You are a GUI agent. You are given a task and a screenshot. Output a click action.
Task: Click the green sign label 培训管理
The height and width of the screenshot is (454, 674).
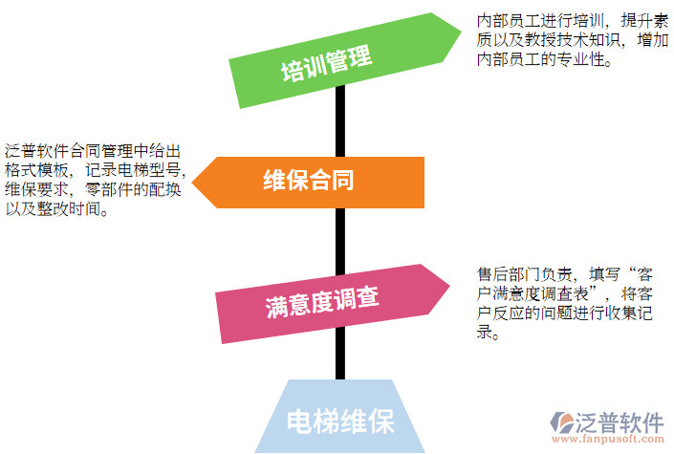[327, 63]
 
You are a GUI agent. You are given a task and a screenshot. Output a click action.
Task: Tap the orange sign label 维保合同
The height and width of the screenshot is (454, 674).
[309, 180]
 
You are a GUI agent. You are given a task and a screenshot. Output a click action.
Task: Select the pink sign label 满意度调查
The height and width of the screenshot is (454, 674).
[322, 302]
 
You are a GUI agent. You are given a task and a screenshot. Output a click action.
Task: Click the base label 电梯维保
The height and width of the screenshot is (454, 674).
[340, 422]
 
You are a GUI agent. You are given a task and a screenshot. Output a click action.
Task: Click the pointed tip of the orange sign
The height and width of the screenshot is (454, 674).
[192, 183]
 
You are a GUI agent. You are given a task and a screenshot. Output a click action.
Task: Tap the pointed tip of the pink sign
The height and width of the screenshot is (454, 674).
[450, 285]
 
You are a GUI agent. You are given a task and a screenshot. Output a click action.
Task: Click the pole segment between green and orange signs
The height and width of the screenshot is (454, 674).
[340, 121]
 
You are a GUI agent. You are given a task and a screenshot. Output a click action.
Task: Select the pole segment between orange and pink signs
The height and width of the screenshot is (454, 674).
[340, 241]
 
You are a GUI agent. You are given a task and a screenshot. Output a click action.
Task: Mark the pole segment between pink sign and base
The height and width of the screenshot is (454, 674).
[340, 354]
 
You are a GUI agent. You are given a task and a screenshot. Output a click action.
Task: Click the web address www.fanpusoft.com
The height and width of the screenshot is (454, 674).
[608, 439]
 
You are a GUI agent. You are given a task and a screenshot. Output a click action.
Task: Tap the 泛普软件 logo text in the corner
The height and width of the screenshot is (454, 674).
[620, 422]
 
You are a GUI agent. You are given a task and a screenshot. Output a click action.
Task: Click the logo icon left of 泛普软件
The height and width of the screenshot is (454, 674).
[562, 422]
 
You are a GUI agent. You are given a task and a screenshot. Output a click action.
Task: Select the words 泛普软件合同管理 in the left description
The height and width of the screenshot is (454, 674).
[69, 151]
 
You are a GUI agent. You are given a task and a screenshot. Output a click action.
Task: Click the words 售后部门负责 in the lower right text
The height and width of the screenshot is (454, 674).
[525, 274]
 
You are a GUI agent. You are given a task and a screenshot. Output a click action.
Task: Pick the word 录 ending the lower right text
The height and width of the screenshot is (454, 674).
[485, 332]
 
